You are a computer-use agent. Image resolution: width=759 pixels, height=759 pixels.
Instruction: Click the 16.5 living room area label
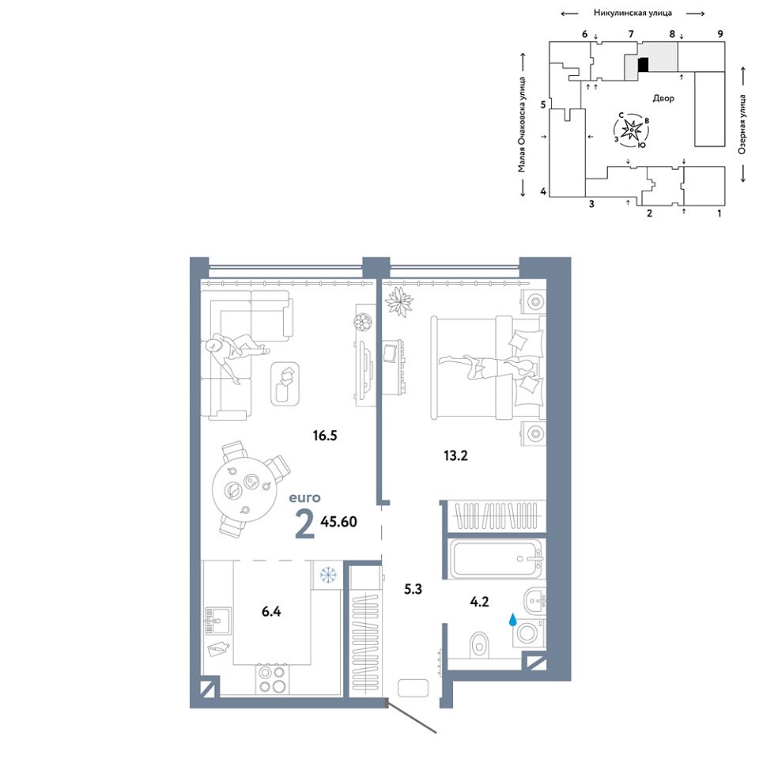325,436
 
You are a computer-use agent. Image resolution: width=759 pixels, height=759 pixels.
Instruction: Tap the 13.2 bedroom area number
455,455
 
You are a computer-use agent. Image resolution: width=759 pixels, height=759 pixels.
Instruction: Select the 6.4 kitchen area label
271,612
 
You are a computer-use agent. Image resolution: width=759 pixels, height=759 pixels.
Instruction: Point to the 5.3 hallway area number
413,589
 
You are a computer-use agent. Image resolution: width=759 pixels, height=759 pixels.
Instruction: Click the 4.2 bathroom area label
479,602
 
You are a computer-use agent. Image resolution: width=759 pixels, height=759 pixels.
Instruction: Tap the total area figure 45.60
339,521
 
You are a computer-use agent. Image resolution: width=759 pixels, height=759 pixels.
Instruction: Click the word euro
304,497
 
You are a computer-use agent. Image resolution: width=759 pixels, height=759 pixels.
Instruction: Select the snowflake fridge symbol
328,575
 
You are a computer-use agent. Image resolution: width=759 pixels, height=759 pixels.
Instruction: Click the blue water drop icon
512,620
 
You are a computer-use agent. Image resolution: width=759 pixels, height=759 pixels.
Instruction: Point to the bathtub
496,559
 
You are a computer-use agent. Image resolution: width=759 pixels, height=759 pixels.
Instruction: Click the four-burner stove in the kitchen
272,679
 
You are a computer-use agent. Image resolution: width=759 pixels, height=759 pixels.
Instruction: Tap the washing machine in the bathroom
529,632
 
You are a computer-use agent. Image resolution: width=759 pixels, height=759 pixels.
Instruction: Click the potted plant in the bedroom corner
398,301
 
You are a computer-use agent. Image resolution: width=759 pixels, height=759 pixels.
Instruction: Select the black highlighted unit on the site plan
644,65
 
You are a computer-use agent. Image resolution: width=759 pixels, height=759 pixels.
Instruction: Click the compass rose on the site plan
631,130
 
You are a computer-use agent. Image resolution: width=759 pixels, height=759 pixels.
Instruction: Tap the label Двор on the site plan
663,98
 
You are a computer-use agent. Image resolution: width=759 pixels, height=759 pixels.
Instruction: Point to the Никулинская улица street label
632,13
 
